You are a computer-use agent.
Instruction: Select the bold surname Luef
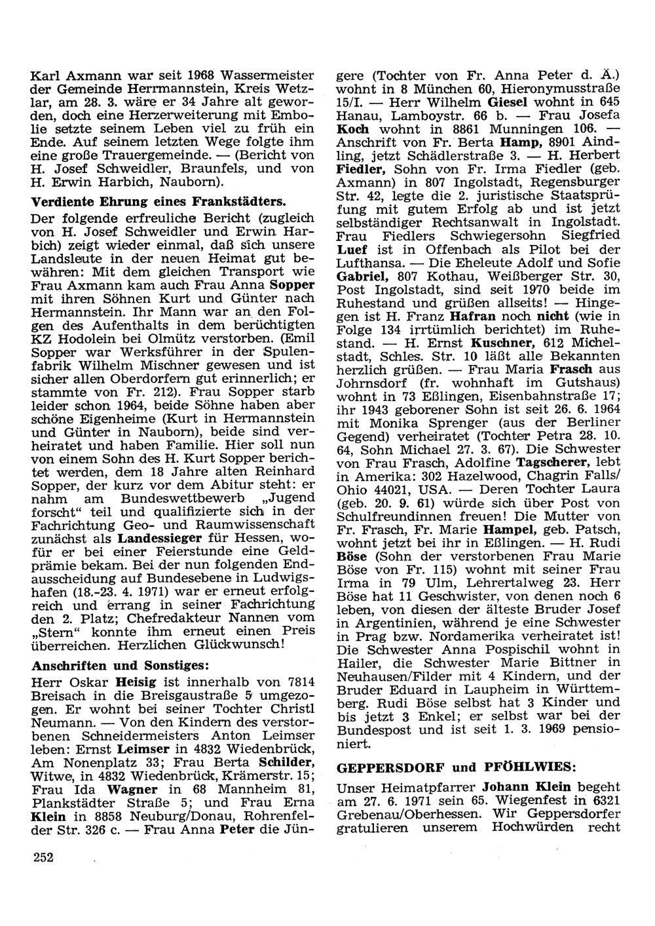point(352,250)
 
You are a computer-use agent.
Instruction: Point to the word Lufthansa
point(371,263)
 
